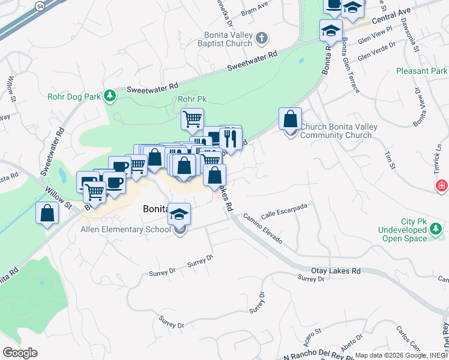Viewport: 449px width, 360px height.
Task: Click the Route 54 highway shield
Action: click(x=40, y=5)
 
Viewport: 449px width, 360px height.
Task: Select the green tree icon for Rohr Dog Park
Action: click(x=109, y=95)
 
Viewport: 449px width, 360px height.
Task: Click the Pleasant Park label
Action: click(x=421, y=71)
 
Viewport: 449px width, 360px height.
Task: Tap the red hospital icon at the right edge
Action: click(x=442, y=186)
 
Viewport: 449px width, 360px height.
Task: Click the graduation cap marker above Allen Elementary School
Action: click(x=179, y=214)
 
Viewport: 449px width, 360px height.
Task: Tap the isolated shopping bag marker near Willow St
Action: click(x=47, y=214)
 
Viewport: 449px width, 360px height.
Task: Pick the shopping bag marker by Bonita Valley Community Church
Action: click(x=290, y=119)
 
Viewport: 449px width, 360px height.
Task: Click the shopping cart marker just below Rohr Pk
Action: click(x=192, y=119)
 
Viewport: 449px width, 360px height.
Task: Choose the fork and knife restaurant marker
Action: click(x=230, y=139)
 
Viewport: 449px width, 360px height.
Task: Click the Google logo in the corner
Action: click(x=20, y=353)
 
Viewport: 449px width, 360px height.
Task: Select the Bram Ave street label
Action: click(x=253, y=11)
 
